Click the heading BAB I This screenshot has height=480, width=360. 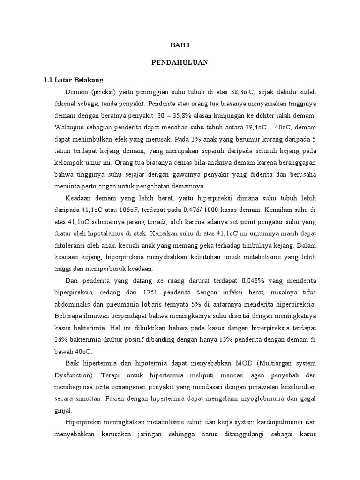click(180, 45)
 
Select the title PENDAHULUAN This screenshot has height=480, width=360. click(180, 62)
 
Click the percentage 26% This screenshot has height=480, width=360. click(61, 338)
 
